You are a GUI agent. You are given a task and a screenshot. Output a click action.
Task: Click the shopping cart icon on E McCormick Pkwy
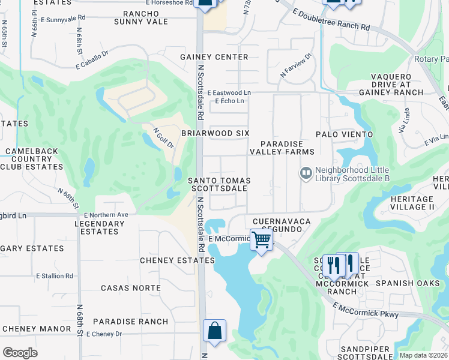[x=262, y=240]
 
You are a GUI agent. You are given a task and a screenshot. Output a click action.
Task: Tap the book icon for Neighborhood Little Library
[x=307, y=173]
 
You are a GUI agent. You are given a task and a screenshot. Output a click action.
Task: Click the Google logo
[x=20, y=353]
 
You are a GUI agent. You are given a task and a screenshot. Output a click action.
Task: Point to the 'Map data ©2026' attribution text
[x=423, y=355]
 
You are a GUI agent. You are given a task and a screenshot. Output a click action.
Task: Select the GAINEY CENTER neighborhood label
[x=214, y=57]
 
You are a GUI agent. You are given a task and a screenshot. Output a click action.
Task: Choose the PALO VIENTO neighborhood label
[x=345, y=134]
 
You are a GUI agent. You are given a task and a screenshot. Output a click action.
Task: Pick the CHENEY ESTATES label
[x=177, y=260]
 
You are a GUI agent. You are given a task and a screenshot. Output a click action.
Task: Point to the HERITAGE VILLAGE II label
[x=412, y=203]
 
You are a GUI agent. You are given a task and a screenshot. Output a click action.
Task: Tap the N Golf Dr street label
[x=163, y=137]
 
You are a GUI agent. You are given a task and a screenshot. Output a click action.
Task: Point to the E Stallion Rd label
[x=54, y=276]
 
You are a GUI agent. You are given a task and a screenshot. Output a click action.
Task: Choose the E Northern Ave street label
[x=106, y=214]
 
